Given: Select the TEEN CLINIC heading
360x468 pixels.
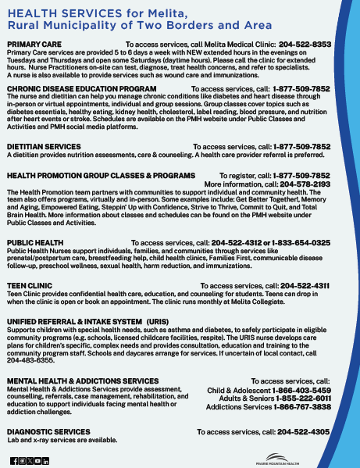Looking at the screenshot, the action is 30,286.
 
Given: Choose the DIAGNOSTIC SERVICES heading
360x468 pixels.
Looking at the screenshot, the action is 48,431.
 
